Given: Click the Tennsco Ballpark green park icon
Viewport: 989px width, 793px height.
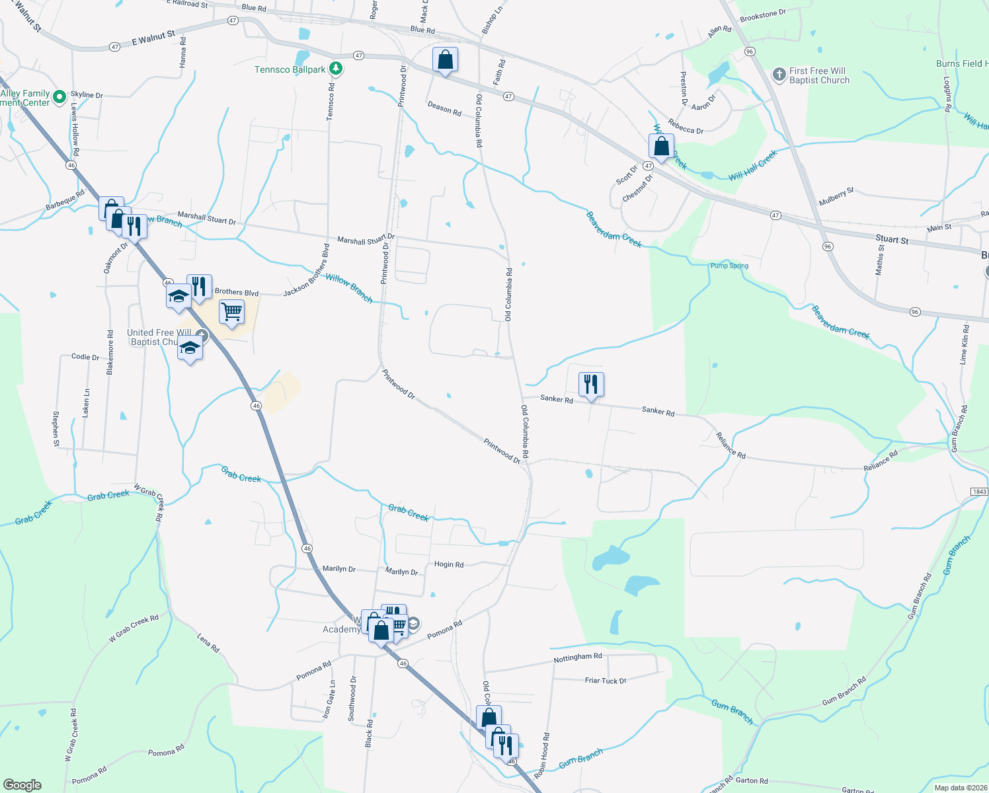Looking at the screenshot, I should [x=336, y=68].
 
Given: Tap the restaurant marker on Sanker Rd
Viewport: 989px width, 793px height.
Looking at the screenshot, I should [x=591, y=384].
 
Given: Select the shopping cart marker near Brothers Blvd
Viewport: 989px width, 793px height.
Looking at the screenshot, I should [x=231, y=311].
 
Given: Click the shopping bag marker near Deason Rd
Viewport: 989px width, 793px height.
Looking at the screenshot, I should [x=446, y=59].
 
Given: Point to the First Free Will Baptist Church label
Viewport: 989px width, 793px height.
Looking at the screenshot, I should [x=818, y=75].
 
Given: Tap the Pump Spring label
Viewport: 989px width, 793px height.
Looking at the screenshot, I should [x=729, y=266].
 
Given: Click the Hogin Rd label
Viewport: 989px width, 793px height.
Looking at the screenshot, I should [x=449, y=564].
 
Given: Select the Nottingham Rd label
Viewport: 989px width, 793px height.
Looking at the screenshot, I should [x=578, y=658].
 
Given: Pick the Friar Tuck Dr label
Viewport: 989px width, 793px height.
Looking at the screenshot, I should [x=606, y=680].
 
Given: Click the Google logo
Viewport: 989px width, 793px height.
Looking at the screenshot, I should [x=22, y=785].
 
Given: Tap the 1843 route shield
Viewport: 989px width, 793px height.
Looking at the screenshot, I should [x=979, y=492].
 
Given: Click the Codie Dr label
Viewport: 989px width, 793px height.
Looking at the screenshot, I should [x=85, y=357].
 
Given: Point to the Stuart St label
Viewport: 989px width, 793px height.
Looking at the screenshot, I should [x=892, y=239].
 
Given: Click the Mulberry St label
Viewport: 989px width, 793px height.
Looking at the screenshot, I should [x=836, y=196].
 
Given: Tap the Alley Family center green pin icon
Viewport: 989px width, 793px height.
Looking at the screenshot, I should [x=59, y=97].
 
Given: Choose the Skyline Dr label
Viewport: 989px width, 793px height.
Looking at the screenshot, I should [x=87, y=95].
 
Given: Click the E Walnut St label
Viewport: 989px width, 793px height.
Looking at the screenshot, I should [x=153, y=38].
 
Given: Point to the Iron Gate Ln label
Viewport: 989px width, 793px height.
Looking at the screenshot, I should [x=329, y=700].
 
